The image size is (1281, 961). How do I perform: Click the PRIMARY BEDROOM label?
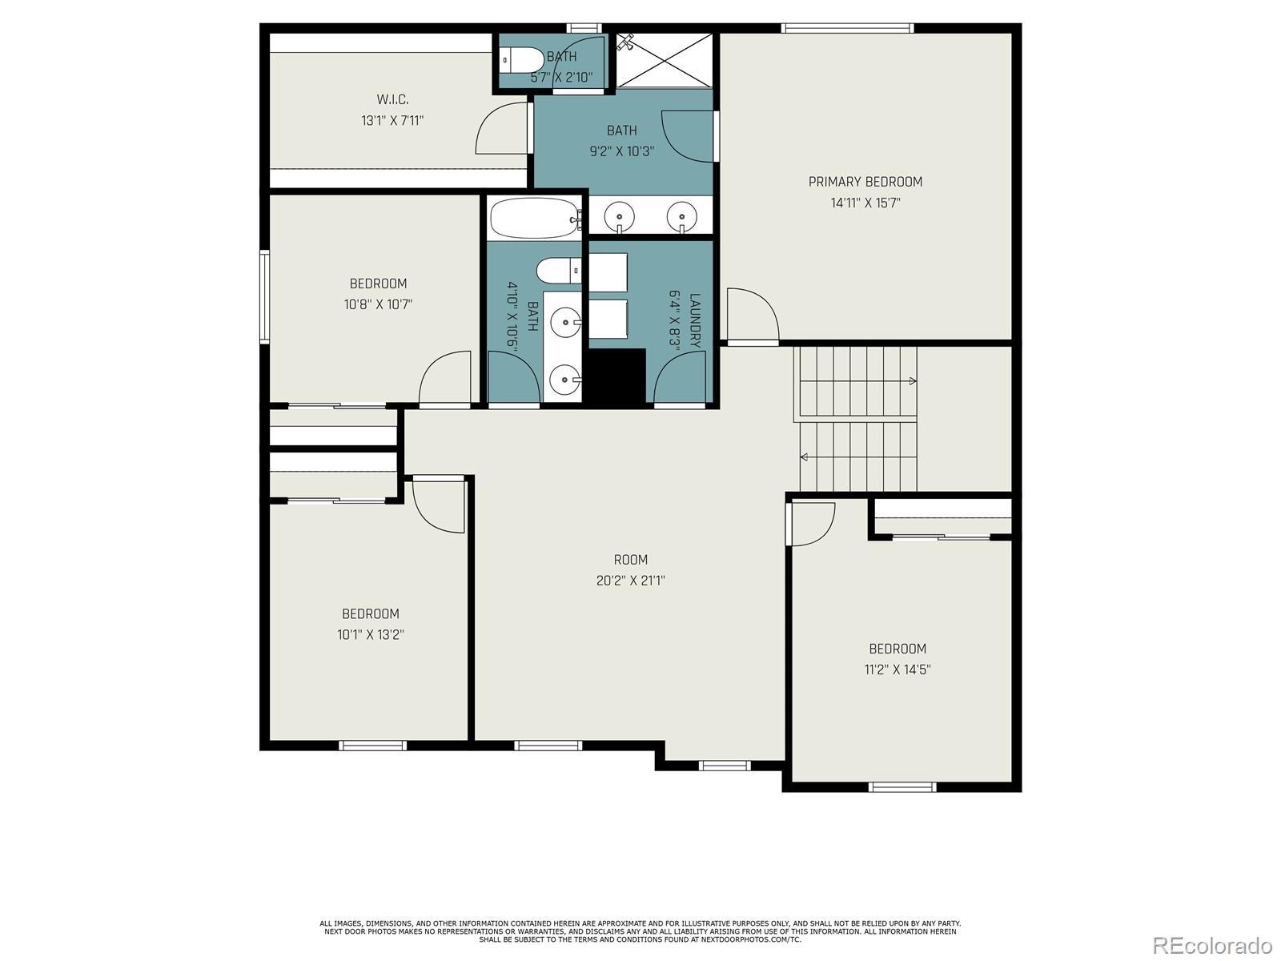(x=865, y=182)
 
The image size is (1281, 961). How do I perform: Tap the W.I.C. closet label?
(x=392, y=100)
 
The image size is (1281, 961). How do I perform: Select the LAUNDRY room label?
(x=694, y=320)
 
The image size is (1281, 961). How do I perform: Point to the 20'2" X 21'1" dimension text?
(x=630, y=581)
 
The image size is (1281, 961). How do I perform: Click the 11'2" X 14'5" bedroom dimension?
(x=897, y=669)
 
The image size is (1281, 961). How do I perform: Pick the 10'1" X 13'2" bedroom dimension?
(x=371, y=634)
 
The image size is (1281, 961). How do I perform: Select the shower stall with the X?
(x=665, y=61)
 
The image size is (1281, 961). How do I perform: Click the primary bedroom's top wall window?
(x=847, y=28)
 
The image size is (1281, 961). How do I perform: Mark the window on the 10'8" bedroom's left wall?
(x=264, y=296)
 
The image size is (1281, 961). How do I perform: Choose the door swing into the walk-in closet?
(x=502, y=129)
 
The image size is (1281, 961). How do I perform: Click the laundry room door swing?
(x=679, y=377)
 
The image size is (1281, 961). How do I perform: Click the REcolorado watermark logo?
(x=1213, y=944)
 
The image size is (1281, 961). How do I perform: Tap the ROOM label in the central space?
(x=630, y=560)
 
